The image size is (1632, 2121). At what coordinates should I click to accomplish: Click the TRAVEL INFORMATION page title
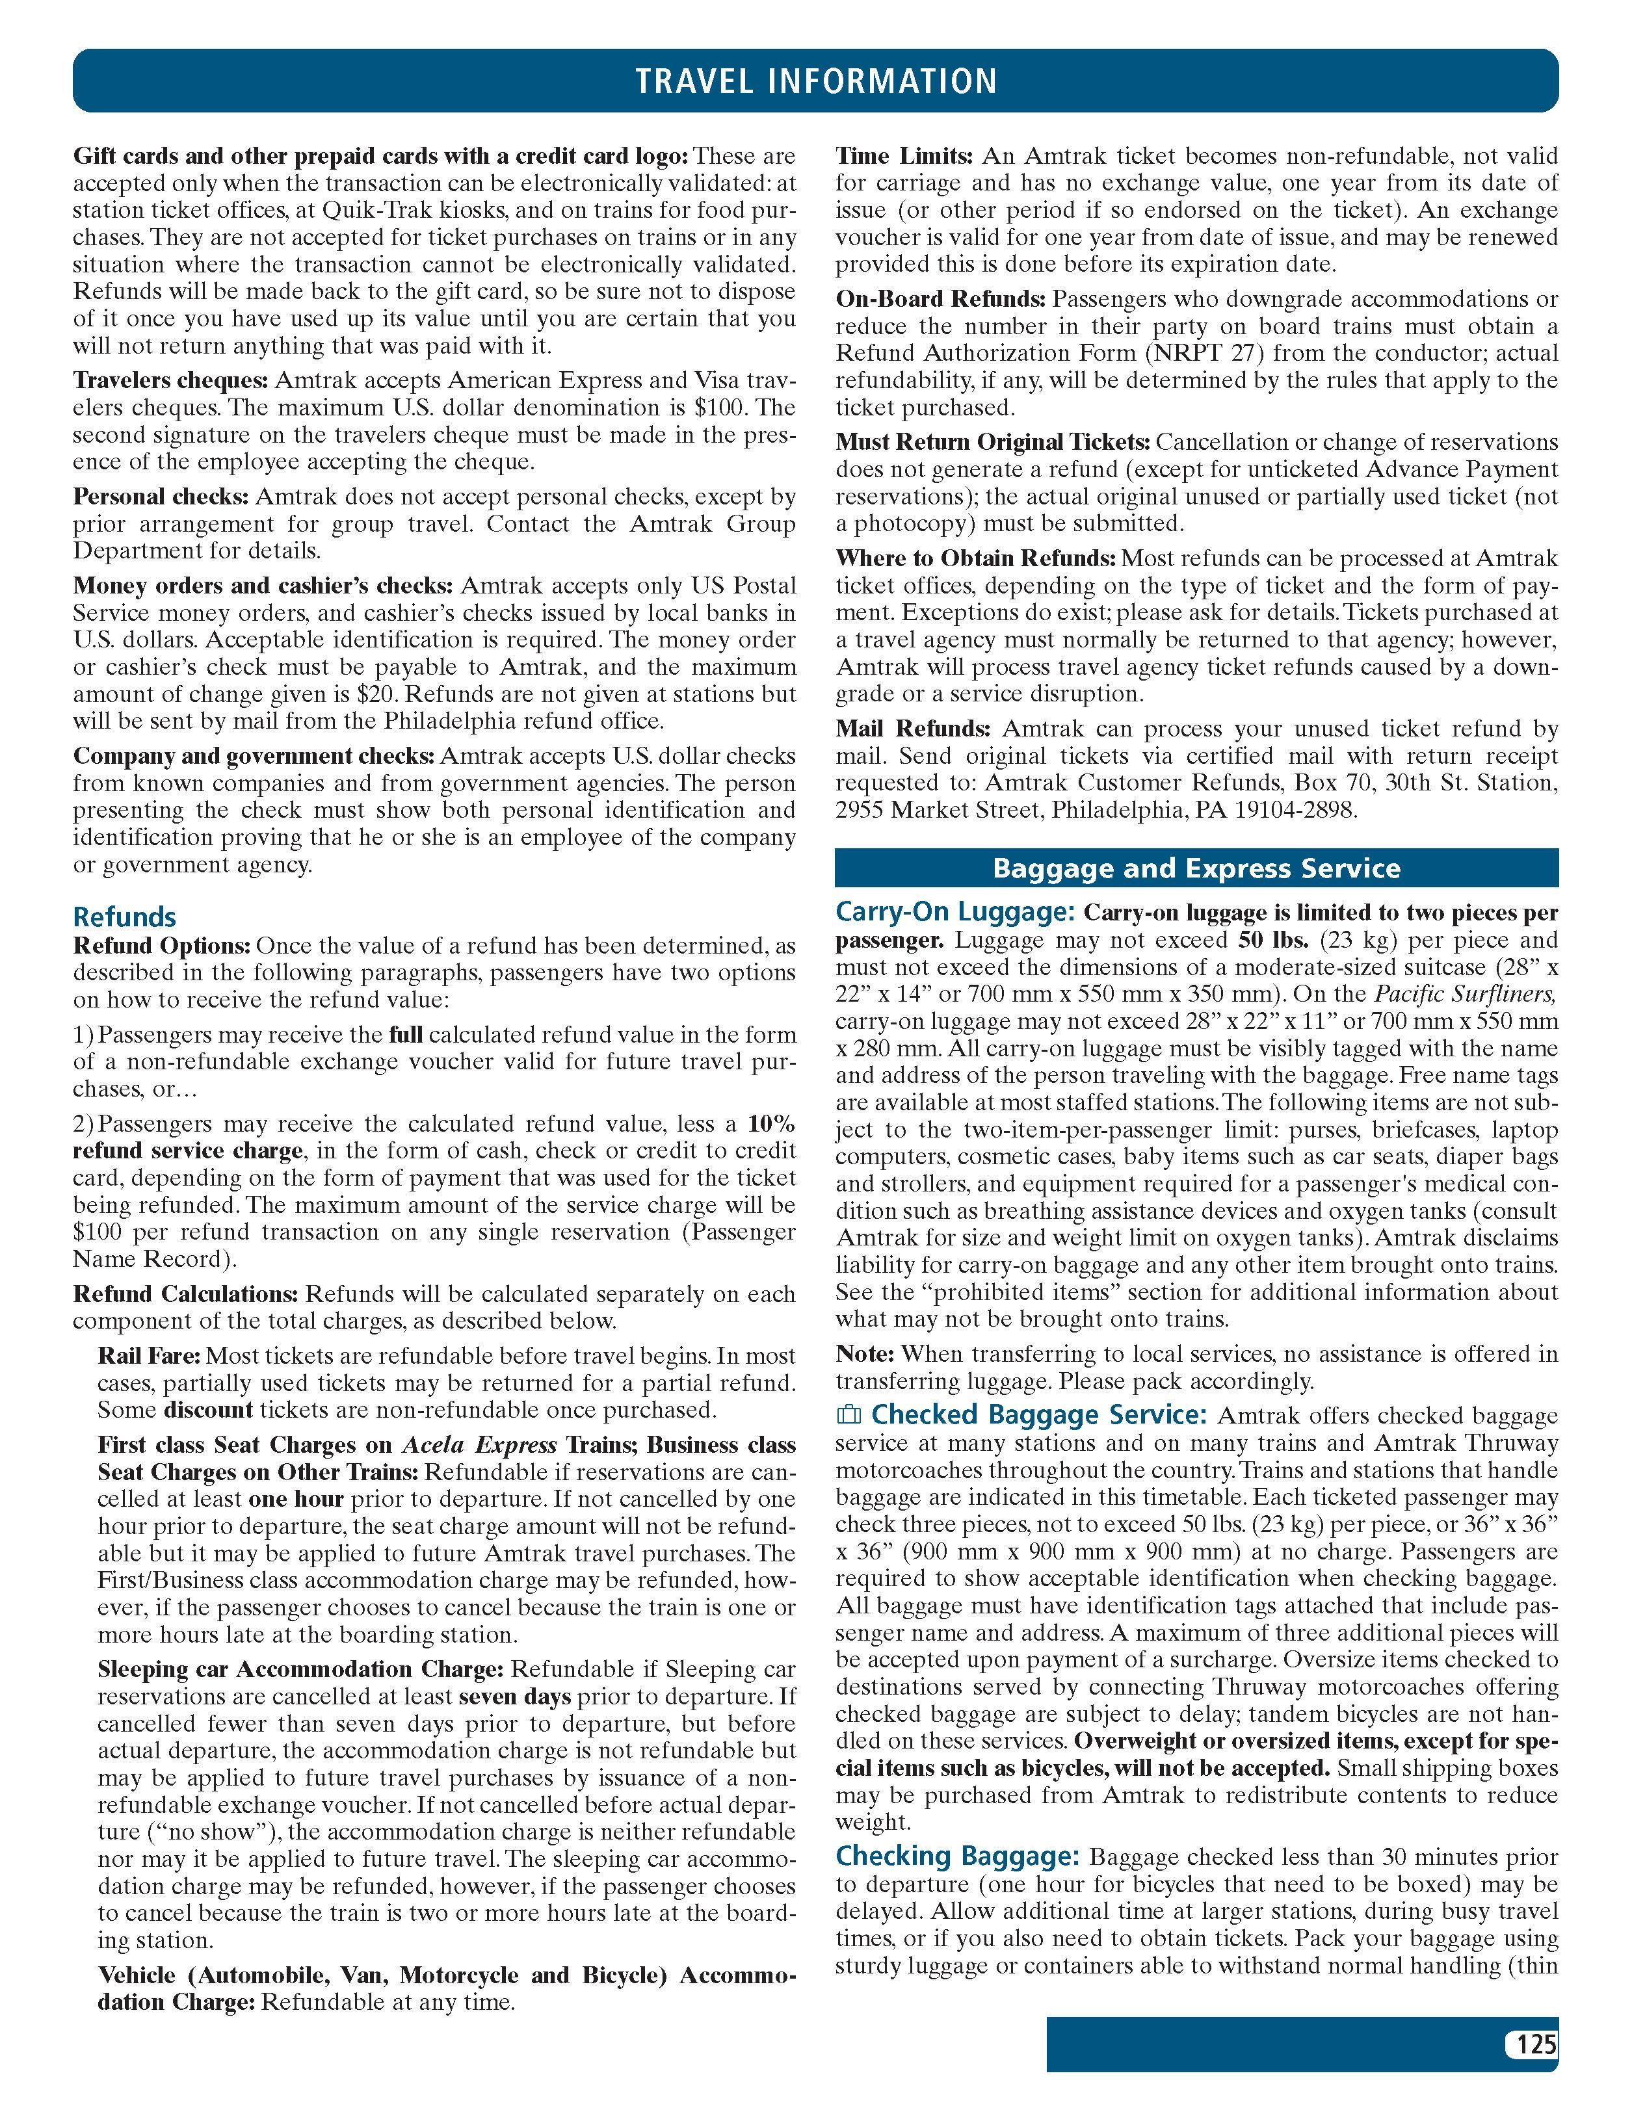pyautogui.click(x=816, y=80)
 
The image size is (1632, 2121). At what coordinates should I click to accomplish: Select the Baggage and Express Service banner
pyautogui.click(x=1196, y=867)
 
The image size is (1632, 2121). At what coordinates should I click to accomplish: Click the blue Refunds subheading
pyautogui.click(x=124, y=917)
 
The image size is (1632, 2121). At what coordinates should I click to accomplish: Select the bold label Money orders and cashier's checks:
pyautogui.click(x=262, y=586)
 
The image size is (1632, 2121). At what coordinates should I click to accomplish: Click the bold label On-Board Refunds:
pyautogui.click(x=940, y=299)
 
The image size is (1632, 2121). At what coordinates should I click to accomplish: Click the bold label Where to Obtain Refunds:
pyautogui.click(x=975, y=558)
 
